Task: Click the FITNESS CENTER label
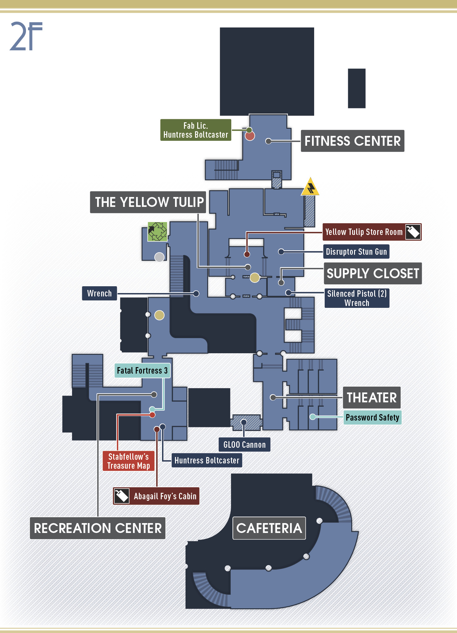(x=352, y=141)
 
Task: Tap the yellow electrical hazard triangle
(x=310, y=187)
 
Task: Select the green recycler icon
(x=157, y=232)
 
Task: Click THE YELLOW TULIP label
(x=148, y=202)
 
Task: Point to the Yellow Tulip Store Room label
(x=372, y=232)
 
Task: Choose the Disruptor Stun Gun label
(x=356, y=252)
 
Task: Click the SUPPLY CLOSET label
(x=373, y=274)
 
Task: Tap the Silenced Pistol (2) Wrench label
(x=357, y=298)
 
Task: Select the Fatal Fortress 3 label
(x=142, y=371)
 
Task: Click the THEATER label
(x=372, y=397)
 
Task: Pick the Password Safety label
(x=373, y=417)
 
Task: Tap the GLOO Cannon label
(x=245, y=445)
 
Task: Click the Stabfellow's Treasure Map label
(x=129, y=461)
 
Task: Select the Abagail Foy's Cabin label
(x=156, y=496)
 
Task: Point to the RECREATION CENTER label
(x=98, y=528)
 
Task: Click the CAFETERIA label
(x=269, y=528)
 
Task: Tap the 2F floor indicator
(x=26, y=36)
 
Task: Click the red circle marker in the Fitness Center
(x=250, y=136)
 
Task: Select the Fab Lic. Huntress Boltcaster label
(x=196, y=130)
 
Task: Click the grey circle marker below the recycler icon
(x=159, y=257)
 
